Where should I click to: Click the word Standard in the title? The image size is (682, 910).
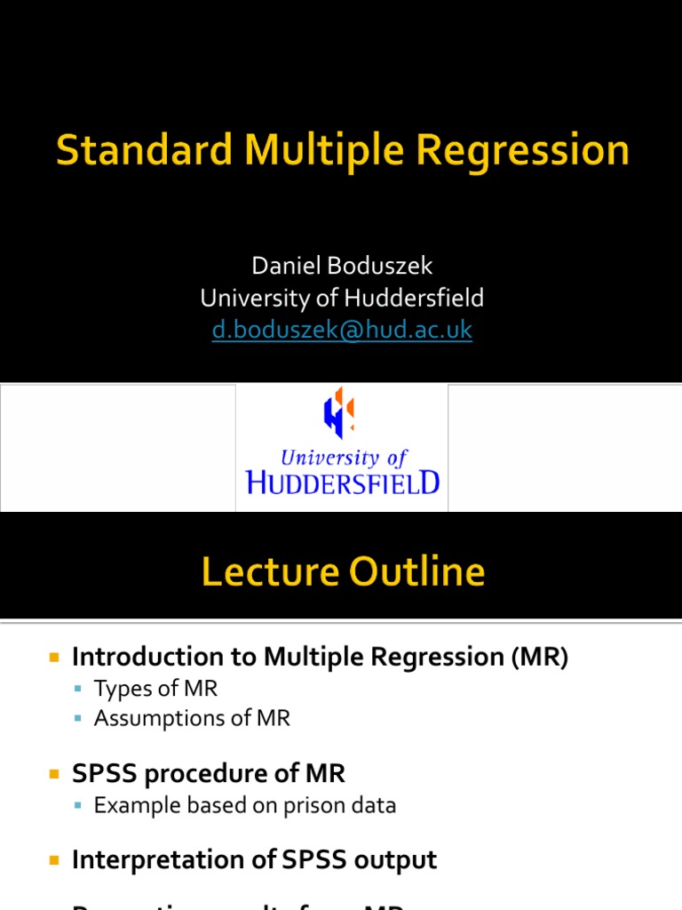[x=145, y=150]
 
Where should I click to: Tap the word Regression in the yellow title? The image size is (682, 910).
[x=519, y=150]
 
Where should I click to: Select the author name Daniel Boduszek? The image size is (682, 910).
[x=342, y=266]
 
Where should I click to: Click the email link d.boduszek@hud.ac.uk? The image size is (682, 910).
[x=342, y=330]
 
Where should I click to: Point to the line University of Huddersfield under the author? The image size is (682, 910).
[x=342, y=298]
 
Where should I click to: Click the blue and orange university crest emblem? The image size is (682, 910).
[x=339, y=415]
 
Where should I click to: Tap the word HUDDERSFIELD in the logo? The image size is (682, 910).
[x=342, y=483]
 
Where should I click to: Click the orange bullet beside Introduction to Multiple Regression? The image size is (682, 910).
[x=54, y=659]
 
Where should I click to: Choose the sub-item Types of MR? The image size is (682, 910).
[x=155, y=689]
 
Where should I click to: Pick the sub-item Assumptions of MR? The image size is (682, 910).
[x=192, y=718]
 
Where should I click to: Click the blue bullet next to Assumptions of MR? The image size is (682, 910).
[x=78, y=719]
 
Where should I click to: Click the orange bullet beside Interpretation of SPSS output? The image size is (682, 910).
[x=54, y=861]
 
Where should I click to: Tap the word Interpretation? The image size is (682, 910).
[x=164, y=860]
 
